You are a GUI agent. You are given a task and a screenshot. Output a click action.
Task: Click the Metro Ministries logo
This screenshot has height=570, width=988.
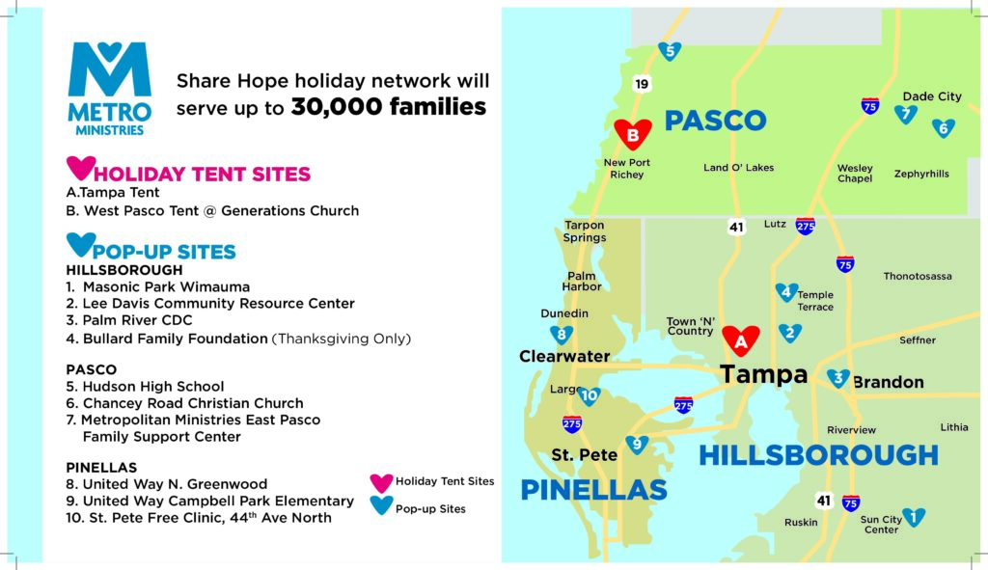(110, 88)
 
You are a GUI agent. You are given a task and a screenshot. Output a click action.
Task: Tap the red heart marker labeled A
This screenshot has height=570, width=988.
(740, 340)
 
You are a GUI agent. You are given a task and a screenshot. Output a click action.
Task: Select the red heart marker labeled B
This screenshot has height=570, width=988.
(633, 133)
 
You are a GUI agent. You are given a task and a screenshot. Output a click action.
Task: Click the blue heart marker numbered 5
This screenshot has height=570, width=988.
(670, 50)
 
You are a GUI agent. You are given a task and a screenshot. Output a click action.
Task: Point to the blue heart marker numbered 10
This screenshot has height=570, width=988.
(590, 395)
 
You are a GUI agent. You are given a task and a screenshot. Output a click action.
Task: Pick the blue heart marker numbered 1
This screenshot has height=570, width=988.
(914, 516)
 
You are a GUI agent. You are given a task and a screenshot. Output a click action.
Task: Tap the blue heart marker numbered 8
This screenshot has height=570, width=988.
(562, 334)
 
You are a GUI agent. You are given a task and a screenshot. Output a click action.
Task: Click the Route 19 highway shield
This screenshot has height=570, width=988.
(642, 84)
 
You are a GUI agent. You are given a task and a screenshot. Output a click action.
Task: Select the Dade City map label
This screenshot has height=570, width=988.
(932, 96)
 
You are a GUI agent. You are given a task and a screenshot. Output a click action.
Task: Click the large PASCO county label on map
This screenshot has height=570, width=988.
(715, 121)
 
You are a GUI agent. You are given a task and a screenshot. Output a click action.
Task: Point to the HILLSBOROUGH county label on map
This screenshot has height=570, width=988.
(818, 455)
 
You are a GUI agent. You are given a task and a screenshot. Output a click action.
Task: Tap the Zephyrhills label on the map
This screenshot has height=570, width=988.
(921, 174)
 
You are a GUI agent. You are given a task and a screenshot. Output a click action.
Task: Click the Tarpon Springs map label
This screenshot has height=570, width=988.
(585, 231)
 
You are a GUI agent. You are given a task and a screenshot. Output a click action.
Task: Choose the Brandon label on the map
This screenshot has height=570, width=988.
(889, 382)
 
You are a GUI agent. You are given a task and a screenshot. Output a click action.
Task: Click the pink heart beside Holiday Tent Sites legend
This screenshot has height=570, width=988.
(381, 482)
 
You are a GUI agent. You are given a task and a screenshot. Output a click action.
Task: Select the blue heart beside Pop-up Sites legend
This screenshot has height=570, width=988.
(381, 505)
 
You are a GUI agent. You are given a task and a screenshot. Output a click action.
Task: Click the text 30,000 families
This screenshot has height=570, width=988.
(388, 107)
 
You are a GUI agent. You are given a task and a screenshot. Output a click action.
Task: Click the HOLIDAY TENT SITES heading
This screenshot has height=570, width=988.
(202, 174)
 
